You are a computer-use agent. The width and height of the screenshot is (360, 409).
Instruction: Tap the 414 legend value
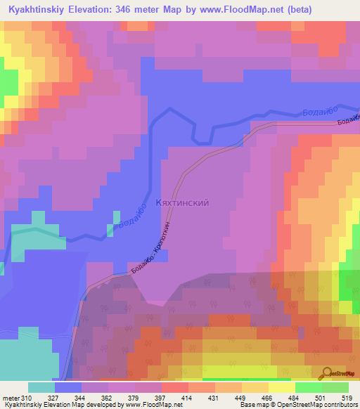pos(187,398)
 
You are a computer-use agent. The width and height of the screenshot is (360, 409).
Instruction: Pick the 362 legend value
pos(107,398)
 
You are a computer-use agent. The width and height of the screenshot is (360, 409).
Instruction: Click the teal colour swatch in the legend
pos(41,387)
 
